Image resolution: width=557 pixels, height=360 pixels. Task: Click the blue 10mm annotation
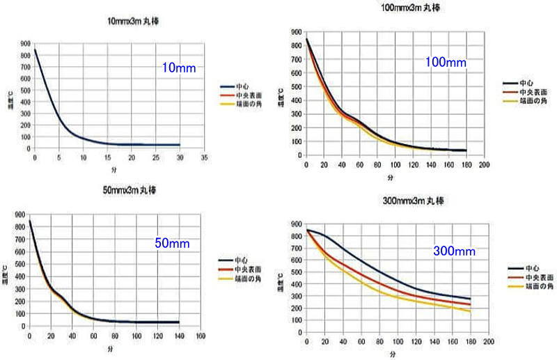(x=180, y=68)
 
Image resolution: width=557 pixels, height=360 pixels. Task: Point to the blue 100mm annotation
(x=446, y=63)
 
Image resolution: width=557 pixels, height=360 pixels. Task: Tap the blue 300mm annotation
(x=455, y=250)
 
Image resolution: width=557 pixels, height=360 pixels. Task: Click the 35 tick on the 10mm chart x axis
(x=205, y=158)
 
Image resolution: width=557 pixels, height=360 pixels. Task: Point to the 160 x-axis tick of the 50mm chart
(x=201, y=336)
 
